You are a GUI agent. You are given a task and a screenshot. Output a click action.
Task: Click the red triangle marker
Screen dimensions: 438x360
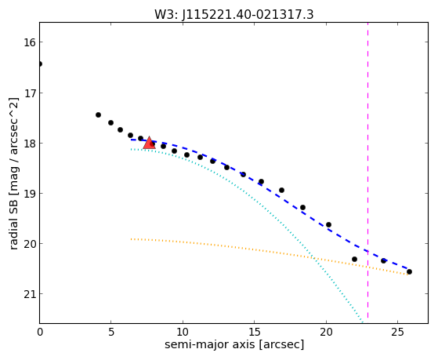[x=149, y=143]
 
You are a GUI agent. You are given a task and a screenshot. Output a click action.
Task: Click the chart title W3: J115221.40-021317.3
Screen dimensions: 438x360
[x=234, y=15]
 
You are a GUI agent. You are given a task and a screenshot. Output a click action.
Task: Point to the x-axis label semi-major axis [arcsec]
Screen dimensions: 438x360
[x=234, y=344]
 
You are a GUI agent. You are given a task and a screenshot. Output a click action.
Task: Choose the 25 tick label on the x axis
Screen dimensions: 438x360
[x=397, y=333]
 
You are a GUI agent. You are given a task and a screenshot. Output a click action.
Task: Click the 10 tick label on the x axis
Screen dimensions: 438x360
[x=183, y=333]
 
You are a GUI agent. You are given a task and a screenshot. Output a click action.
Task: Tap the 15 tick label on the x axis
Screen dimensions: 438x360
[x=254, y=333]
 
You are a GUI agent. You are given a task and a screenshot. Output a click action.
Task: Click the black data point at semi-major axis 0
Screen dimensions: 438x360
[x=40, y=64]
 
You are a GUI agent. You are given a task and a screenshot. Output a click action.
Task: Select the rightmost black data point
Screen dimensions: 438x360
[x=409, y=271]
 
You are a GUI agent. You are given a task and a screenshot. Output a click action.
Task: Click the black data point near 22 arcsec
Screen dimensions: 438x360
[x=354, y=260]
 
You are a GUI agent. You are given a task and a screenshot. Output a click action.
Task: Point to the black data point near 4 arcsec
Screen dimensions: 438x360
[x=98, y=115]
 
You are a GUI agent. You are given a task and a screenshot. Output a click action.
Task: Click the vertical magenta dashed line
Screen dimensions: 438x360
[x=367, y=170]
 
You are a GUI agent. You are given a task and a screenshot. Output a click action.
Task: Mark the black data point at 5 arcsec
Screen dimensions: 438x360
[x=111, y=123]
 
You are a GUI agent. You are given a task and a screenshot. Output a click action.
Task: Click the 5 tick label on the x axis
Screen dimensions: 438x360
[x=111, y=333]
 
